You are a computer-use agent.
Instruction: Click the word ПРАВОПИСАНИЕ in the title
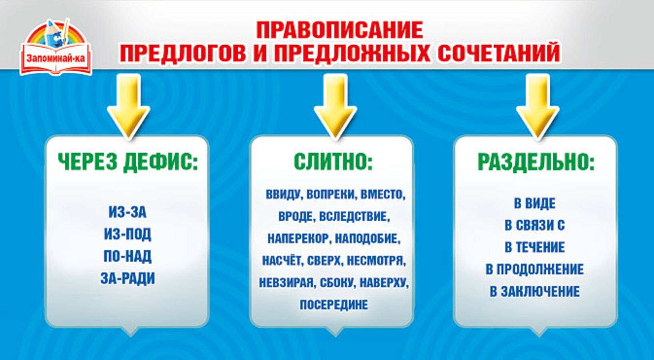pyautogui.click(x=339, y=30)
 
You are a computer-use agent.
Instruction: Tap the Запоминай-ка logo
pyautogui.click(x=56, y=47)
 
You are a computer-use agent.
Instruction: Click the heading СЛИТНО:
pyautogui.click(x=333, y=162)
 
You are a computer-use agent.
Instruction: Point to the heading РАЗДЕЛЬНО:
pyautogui.click(x=536, y=162)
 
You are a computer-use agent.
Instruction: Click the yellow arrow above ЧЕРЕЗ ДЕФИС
pyautogui.click(x=128, y=106)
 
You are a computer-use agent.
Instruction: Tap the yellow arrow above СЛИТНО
pyautogui.click(x=335, y=106)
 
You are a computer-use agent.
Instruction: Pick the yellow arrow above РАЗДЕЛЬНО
pyautogui.click(x=538, y=106)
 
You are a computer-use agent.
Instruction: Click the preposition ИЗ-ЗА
pyautogui.click(x=128, y=212)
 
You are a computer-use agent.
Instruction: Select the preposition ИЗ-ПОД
pyautogui.click(x=128, y=234)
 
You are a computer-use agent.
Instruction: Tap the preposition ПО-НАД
pyautogui.click(x=128, y=256)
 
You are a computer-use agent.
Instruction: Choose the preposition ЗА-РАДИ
pyautogui.click(x=128, y=278)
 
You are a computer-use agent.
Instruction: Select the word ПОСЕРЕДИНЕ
pyautogui.click(x=334, y=304)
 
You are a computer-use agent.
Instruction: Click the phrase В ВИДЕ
pyautogui.click(x=534, y=203)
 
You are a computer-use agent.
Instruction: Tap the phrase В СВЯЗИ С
pyautogui.click(x=534, y=225)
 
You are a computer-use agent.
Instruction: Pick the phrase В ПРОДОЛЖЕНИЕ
pyautogui.click(x=534, y=269)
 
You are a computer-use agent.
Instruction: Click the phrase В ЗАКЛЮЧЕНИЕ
pyautogui.click(x=534, y=291)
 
